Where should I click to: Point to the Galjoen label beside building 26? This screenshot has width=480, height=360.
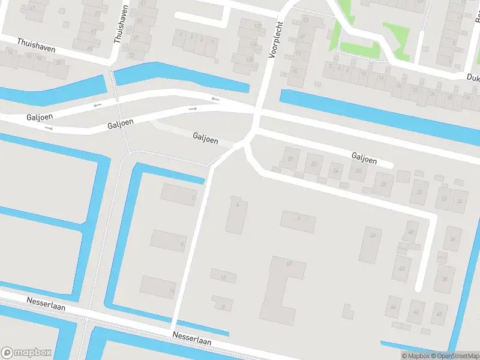tap(364, 157)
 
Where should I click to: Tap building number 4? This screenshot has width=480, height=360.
tap(238, 213)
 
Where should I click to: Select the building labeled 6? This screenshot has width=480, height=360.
tap(298, 221)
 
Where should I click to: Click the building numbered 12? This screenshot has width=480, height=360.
tap(223, 277)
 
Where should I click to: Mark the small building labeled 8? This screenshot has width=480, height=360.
tap(223, 305)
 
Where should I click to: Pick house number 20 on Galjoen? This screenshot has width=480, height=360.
tap(291, 159)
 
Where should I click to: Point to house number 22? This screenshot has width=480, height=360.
tap(313, 164)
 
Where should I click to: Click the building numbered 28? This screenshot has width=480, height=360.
tap(382, 184)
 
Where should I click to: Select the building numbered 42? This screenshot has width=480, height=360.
tap(401, 268)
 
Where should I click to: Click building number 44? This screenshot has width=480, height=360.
tap(394, 307)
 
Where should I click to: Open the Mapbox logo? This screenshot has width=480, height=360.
tap(26, 353)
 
